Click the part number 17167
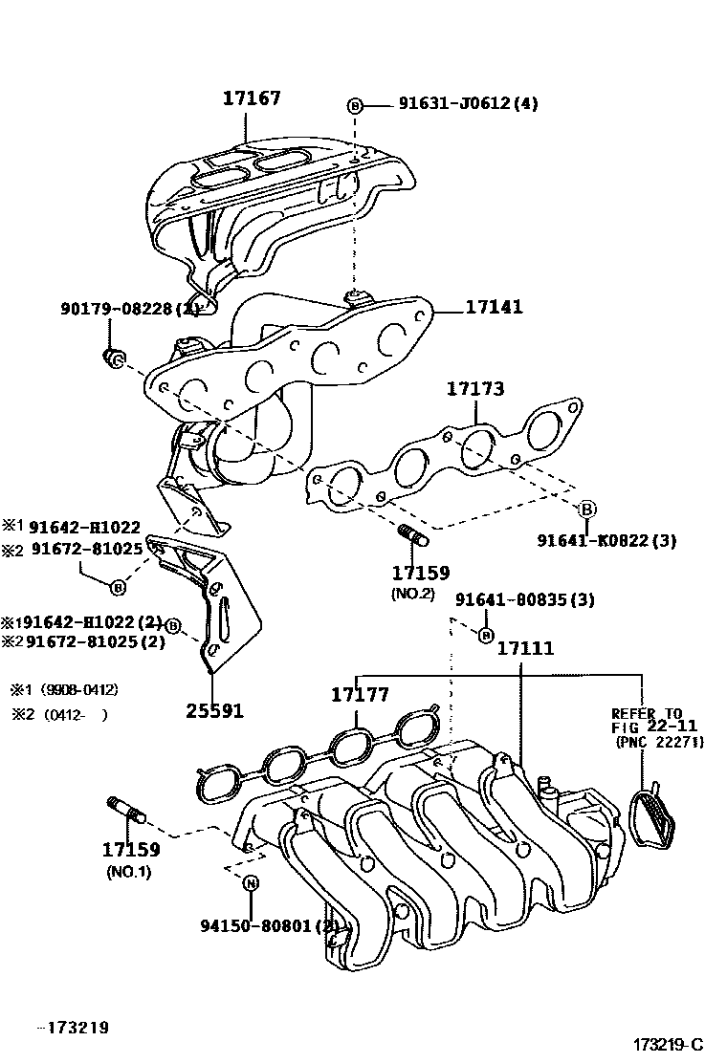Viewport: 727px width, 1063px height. pos(253,98)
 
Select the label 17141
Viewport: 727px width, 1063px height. pos(494,308)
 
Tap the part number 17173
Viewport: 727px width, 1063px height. pos(475,389)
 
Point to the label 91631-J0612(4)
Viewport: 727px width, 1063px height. pos(468,104)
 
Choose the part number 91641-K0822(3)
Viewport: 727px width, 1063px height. pos(606,540)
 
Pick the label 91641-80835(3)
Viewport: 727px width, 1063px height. pos(524,600)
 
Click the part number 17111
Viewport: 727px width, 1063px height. pos(525,648)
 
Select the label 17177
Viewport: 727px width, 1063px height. pos(361,694)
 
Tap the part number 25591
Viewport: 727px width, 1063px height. pos(214,710)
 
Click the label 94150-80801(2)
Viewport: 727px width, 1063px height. pos(269,924)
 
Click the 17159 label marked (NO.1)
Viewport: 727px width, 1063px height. pos(131,849)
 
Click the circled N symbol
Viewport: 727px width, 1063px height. pos(250,882)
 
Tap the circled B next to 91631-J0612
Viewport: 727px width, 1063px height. pos(355,105)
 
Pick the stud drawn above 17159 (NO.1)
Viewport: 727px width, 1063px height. pos(127,809)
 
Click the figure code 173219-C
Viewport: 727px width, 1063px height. pos(668,1043)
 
